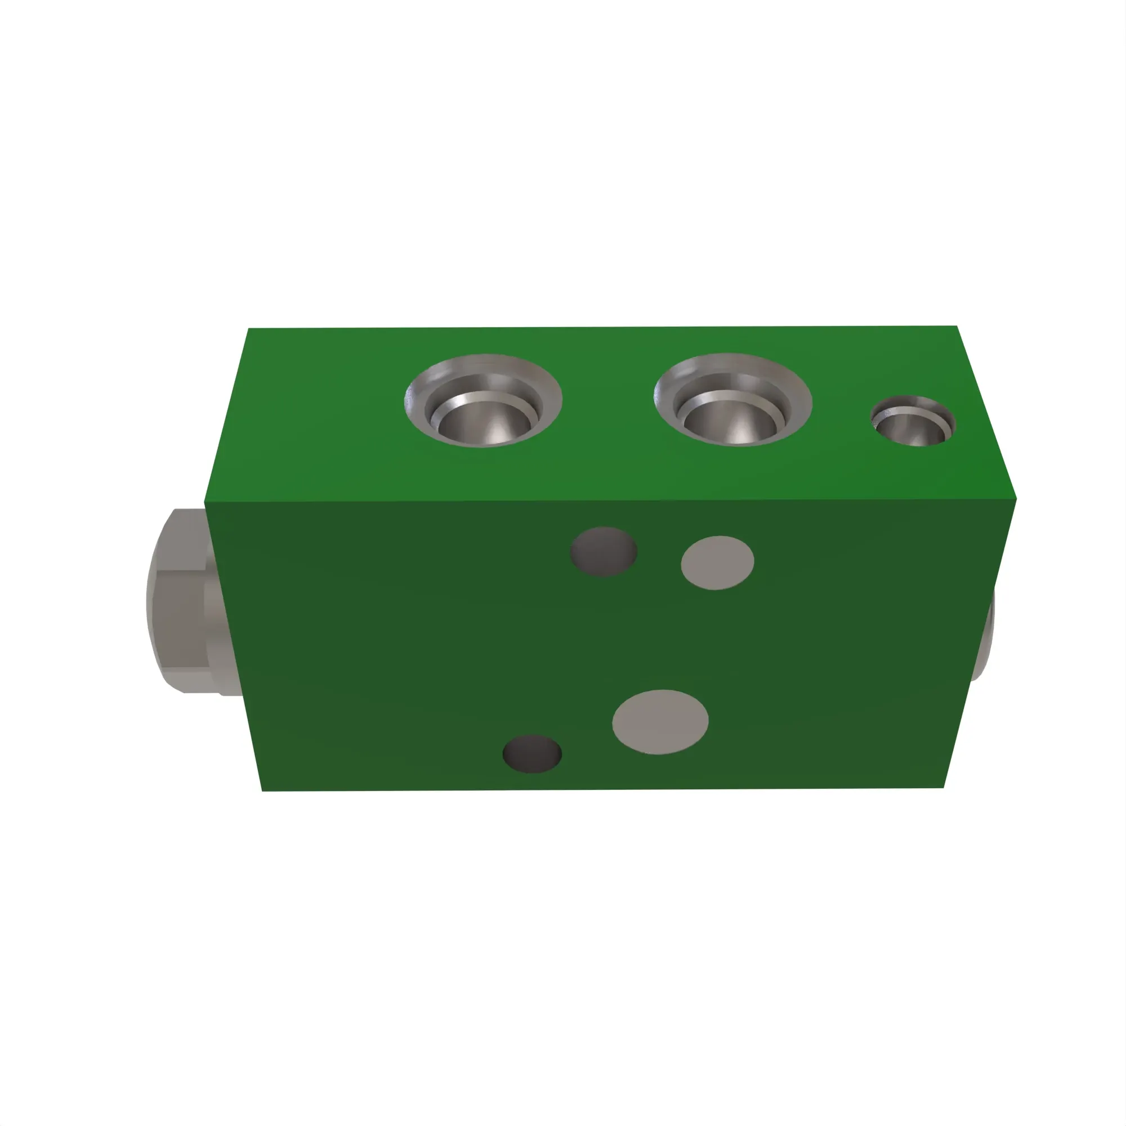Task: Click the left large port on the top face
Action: [482, 400]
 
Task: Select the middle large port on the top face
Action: [732, 400]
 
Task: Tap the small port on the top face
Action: [913, 421]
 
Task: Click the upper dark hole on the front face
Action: [603, 551]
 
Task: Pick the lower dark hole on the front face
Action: [531, 754]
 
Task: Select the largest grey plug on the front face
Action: [660, 722]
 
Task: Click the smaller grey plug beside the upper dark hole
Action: [717, 562]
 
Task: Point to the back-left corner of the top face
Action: [249, 329]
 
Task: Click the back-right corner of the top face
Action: [957, 327]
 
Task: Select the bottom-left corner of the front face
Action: [263, 790]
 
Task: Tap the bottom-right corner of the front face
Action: [943, 788]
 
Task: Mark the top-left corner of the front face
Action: [205, 502]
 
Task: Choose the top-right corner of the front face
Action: [1015, 499]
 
